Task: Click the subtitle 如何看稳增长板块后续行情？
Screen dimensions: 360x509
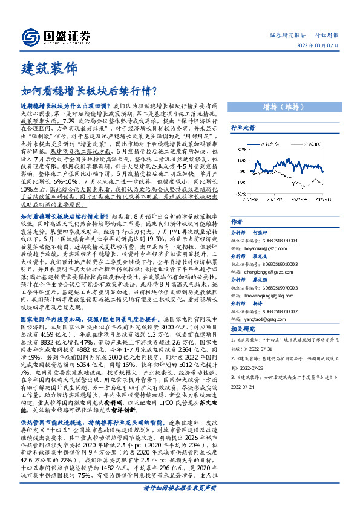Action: pos(90,91)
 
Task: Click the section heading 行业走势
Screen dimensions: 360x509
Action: pos(243,128)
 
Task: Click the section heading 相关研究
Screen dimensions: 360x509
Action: pos(243,329)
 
